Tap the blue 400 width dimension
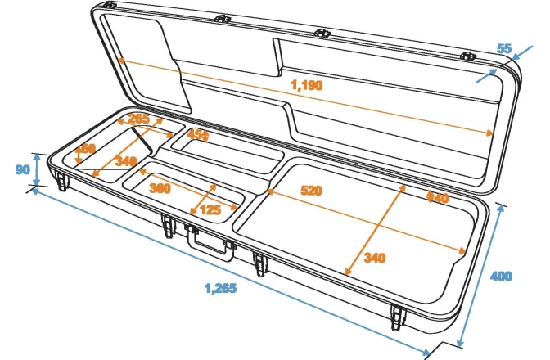coord(501,277)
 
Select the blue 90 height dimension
coord(22,169)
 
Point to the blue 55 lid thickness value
coord(504,49)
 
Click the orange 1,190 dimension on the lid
coord(306,83)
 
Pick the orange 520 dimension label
coord(311,191)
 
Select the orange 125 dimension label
coord(210,209)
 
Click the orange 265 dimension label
coord(139,120)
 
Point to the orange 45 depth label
coord(199,134)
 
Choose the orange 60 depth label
coord(86,149)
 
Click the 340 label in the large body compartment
coord(374,258)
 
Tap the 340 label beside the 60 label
coord(125,161)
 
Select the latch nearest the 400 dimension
coord(399,314)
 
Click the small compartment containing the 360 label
coord(184,190)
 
